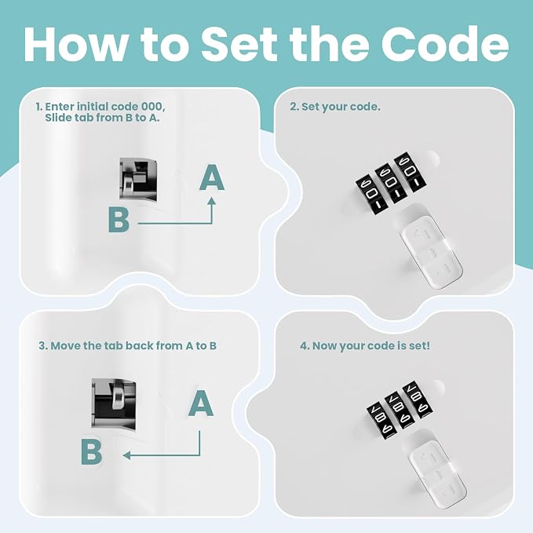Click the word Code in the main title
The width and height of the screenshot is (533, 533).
(x=444, y=44)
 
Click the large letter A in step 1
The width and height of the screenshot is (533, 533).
(x=212, y=177)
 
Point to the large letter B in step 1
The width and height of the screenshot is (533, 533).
(x=119, y=220)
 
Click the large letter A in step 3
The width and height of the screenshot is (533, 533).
(x=201, y=403)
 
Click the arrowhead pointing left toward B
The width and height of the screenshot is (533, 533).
(x=126, y=455)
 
